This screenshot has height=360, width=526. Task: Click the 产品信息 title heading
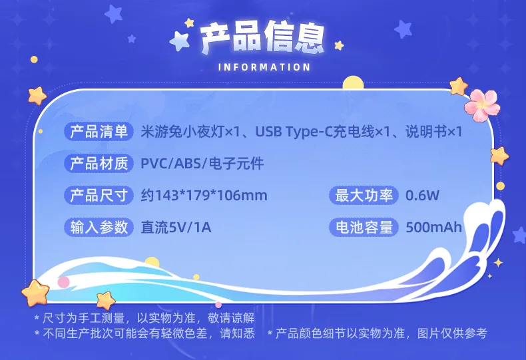(262, 38)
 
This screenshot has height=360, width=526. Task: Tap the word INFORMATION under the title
(264, 67)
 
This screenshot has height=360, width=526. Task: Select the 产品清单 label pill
(99, 131)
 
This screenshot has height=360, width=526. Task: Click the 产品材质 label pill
(99, 163)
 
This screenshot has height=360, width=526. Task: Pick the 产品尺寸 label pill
(99, 196)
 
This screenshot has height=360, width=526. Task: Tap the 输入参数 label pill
(99, 228)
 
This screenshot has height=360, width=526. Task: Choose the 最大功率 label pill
(364, 196)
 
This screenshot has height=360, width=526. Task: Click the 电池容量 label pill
(364, 228)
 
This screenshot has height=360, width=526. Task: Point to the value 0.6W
(422, 196)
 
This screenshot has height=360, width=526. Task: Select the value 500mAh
(433, 228)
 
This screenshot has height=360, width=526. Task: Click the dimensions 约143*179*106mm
(204, 196)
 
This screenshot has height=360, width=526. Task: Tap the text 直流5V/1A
(176, 228)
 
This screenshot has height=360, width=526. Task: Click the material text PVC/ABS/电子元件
(202, 164)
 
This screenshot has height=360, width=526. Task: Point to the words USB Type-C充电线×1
(323, 131)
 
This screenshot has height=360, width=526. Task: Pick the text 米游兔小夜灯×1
(190, 131)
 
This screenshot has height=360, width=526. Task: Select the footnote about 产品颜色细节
(378, 333)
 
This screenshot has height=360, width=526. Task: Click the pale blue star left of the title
(180, 41)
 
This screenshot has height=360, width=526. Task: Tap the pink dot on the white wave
(63, 282)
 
